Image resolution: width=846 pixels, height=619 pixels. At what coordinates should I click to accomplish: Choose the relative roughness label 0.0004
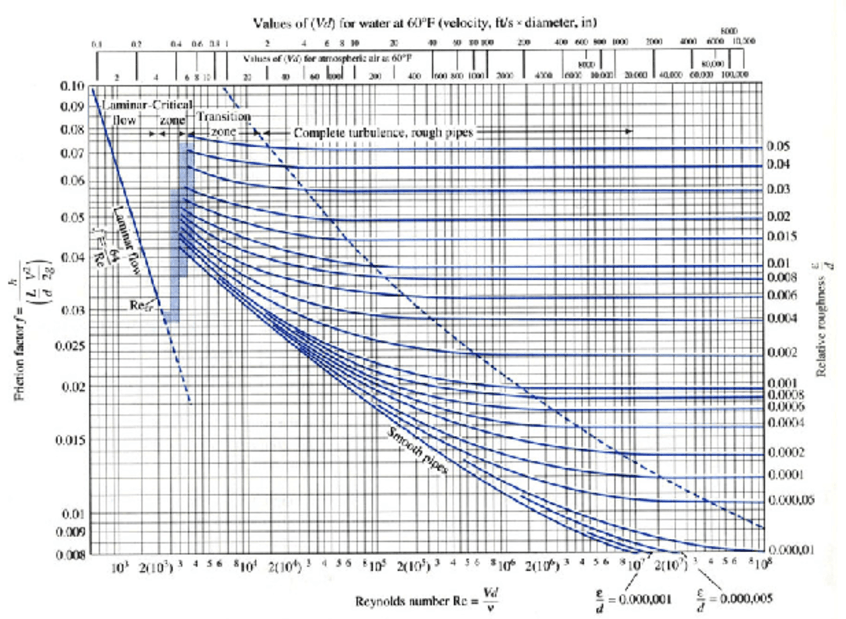click(x=785, y=422)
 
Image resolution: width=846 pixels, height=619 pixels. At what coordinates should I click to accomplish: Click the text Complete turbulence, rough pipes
click(x=384, y=132)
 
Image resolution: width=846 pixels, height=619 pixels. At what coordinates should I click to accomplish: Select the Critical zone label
click(x=173, y=112)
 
